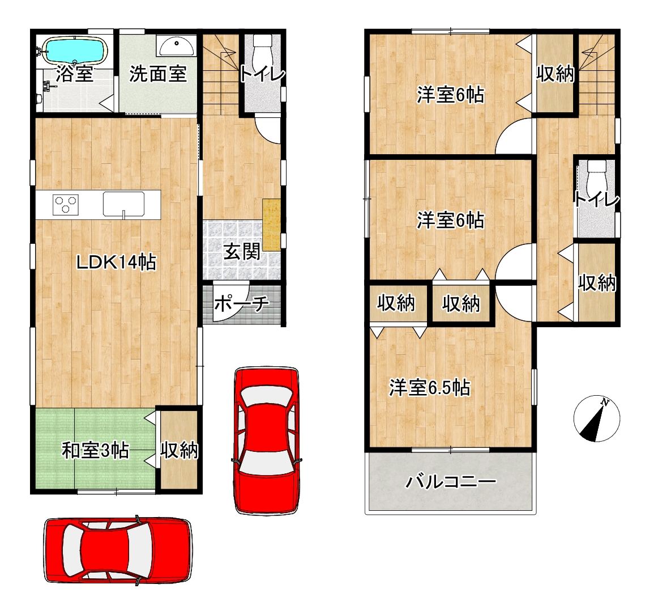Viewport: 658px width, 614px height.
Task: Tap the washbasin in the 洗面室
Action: [177, 45]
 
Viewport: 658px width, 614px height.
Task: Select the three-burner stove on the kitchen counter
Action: [66, 205]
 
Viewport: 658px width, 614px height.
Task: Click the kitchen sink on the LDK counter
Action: [124, 204]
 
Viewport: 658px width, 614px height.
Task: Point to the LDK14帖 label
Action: [116, 262]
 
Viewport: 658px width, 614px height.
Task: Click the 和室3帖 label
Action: [95, 451]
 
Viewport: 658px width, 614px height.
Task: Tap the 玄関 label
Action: [242, 252]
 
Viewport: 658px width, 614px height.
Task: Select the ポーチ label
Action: [242, 303]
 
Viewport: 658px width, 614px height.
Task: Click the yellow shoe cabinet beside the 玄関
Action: [271, 225]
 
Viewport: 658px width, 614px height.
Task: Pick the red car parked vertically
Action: [267, 441]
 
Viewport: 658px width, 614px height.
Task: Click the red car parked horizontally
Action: [118, 550]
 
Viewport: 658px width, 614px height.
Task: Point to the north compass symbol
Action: [596, 418]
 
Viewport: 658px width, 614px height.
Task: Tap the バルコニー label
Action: [451, 481]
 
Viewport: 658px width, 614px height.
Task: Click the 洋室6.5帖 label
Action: [430, 387]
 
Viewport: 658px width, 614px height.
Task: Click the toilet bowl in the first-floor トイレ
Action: [263, 49]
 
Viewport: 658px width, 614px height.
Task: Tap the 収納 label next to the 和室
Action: [179, 450]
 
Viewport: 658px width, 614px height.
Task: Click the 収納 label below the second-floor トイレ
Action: [597, 282]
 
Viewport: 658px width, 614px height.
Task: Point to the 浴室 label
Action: [75, 74]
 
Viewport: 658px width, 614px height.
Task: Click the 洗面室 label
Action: [158, 74]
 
